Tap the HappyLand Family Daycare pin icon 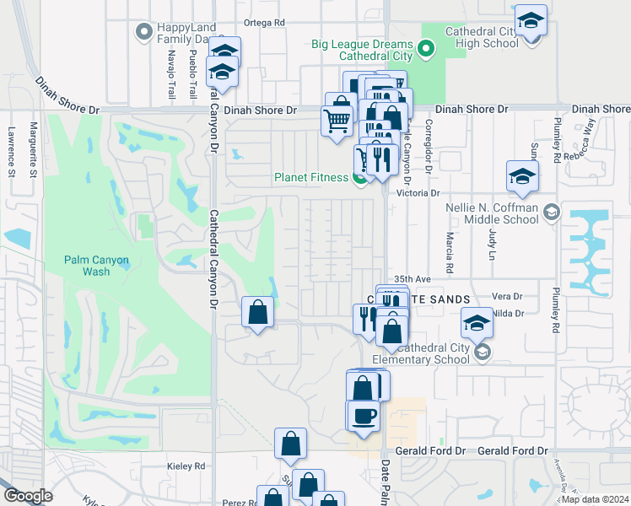coord(143,32)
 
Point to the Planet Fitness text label coord(310,177)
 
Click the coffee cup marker coord(364,417)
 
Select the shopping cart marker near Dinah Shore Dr coord(337,121)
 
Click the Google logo coord(27,495)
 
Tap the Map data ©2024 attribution coord(595,499)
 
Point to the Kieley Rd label coord(187,466)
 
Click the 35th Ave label coord(413,278)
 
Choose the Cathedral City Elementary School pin coord(482,352)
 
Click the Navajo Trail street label coord(170,72)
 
